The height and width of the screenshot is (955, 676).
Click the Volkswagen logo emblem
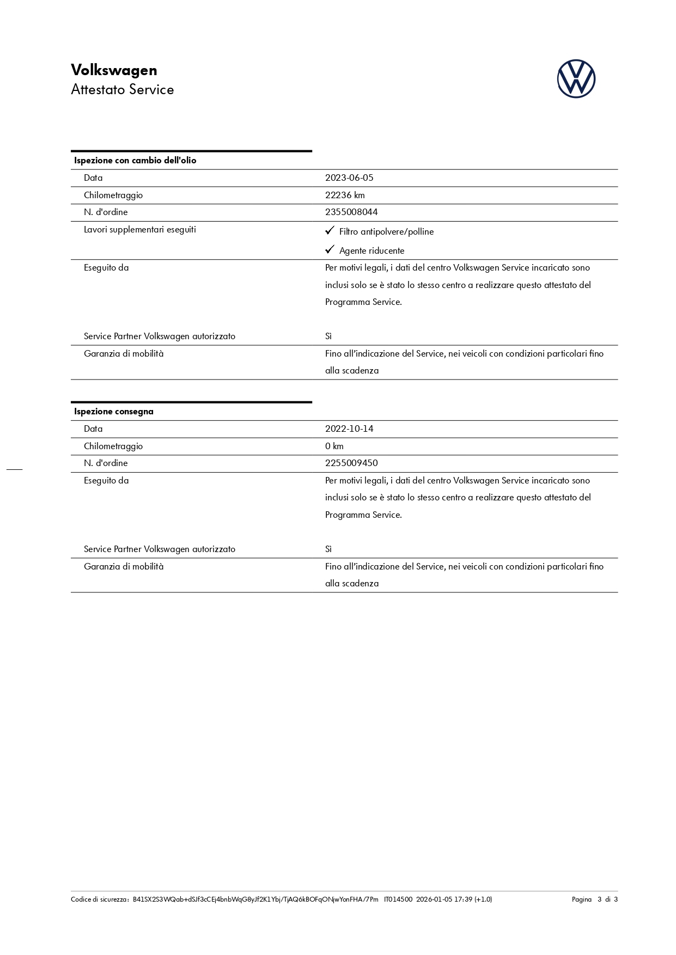point(576,79)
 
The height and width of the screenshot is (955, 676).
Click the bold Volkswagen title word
point(114,70)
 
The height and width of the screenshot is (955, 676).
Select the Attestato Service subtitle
point(122,90)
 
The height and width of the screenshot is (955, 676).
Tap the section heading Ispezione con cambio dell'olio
point(135,161)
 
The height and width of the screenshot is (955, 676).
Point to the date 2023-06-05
point(349,178)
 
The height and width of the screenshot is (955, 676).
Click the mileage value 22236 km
point(345,195)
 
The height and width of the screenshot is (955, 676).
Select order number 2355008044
point(351,212)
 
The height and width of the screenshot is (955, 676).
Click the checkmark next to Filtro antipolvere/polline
point(329,231)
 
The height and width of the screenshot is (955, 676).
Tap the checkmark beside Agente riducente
point(329,249)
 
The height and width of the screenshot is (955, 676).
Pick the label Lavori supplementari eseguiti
point(139,230)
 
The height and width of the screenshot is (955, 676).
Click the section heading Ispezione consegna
point(114,412)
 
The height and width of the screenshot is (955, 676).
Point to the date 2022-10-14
point(349,429)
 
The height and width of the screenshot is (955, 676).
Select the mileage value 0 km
point(334,446)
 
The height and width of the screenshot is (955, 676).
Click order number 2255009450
point(351,463)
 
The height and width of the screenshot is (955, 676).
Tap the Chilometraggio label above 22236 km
point(113,195)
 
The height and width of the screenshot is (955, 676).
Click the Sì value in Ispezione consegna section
point(328,549)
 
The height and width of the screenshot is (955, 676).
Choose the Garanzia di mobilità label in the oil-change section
point(124,354)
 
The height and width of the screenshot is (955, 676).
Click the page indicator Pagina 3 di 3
point(594,899)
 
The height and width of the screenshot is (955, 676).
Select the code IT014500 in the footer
point(398,899)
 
